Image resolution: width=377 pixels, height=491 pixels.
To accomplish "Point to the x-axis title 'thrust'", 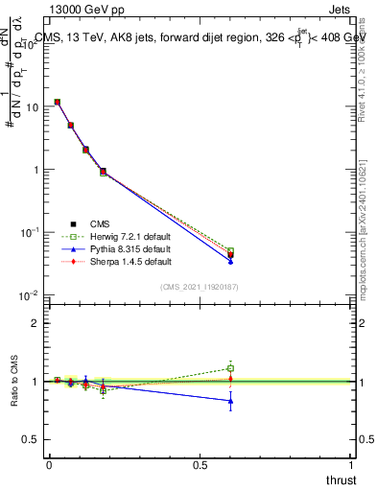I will [x=341, y=479].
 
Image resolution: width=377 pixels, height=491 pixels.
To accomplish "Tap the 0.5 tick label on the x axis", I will [x=200, y=465].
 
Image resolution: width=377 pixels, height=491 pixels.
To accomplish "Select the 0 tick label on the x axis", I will [x=49, y=465].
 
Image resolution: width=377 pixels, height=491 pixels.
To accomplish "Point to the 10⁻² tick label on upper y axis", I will [x=29, y=295].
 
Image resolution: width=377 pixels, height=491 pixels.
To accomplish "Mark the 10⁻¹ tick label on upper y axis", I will [x=29, y=233].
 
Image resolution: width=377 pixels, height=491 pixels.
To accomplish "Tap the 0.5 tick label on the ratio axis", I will [x=32, y=439].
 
